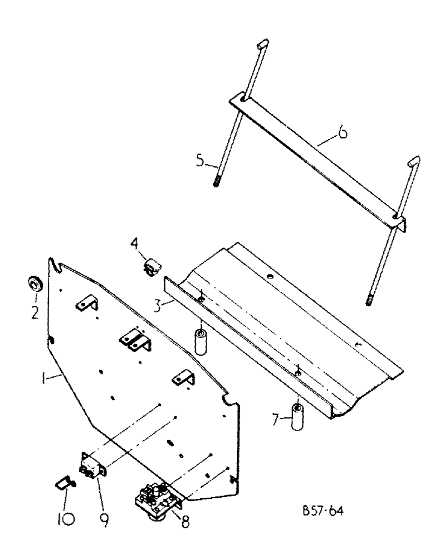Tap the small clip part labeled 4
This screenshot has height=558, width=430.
tap(150, 267)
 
